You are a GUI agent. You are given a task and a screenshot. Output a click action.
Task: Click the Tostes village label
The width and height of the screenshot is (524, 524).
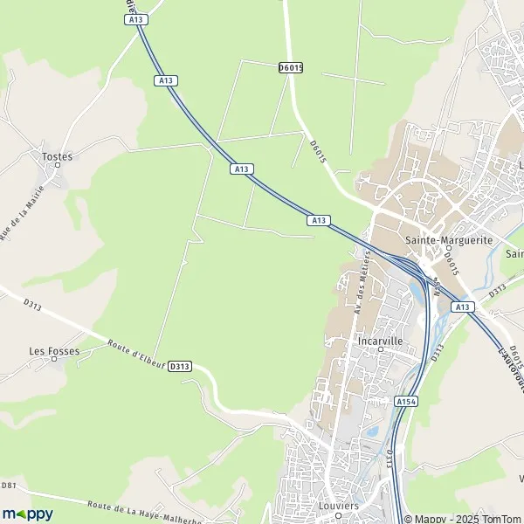tap(58, 156)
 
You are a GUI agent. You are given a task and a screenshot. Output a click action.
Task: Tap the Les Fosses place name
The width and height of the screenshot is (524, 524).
tap(54, 352)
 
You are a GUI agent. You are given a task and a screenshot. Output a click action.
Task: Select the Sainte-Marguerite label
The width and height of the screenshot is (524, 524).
tap(449, 239)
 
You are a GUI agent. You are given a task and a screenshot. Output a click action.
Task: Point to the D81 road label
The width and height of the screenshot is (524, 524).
tap(9, 485)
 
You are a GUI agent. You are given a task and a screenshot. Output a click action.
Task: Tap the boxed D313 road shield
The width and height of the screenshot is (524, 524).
tap(179, 366)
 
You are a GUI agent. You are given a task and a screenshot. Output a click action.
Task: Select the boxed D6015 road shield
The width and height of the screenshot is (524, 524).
tap(290, 66)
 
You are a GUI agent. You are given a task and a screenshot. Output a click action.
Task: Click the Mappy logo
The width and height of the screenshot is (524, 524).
tap(27, 514)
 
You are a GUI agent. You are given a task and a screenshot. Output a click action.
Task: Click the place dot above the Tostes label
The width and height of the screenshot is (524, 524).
tap(59, 168)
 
